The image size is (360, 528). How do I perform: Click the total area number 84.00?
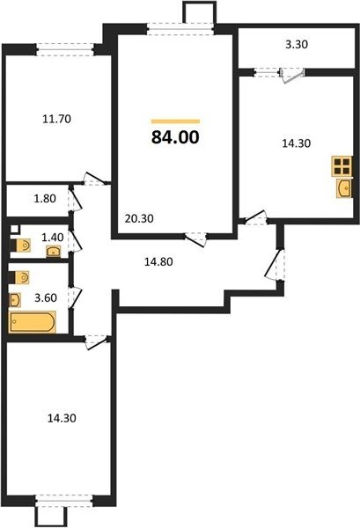click(x=175, y=137)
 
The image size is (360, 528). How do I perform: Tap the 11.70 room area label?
click(x=56, y=119)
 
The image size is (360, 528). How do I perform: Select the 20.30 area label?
click(x=139, y=218)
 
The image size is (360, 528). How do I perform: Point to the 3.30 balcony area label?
click(x=297, y=45)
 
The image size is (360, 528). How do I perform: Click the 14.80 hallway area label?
click(x=158, y=261)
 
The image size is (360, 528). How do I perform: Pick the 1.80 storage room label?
click(x=45, y=199)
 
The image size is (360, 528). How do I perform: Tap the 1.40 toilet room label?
click(x=53, y=238)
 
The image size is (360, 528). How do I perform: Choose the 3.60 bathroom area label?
click(x=46, y=298)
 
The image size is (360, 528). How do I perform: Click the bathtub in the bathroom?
click(x=33, y=322)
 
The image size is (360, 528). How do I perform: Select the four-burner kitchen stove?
click(x=342, y=166)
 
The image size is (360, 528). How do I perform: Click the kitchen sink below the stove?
click(x=344, y=187)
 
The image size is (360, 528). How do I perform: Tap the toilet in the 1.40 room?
click(x=20, y=246)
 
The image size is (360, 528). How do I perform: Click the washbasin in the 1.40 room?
click(x=53, y=251)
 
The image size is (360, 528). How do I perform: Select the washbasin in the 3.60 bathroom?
click(x=15, y=300)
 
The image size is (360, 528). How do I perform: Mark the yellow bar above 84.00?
click(x=175, y=121)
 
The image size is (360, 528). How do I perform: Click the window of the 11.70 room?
click(x=64, y=49)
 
